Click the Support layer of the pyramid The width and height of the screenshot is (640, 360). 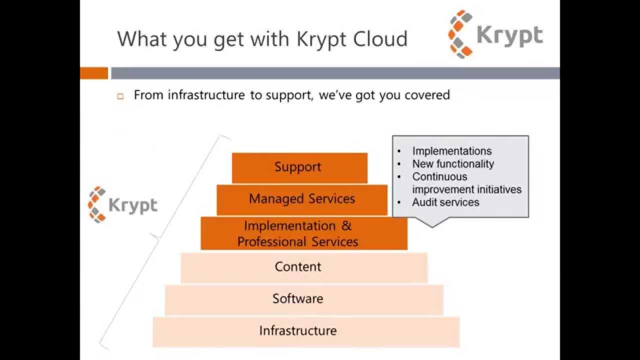(x=299, y=167)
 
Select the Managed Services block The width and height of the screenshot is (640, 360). (x=302, y=199)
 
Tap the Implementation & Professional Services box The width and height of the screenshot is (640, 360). (x=303, y=233)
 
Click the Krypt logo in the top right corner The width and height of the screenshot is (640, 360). (x=495, y=34)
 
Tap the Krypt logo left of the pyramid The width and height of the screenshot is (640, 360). (x=122, y=204)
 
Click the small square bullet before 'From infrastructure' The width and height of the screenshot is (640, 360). (x=120, y=96)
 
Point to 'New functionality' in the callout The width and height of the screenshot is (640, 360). (x=452, y=164)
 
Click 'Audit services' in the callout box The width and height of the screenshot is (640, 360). (x=445, y=202)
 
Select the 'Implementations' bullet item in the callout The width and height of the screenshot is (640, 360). (x=451, y=151)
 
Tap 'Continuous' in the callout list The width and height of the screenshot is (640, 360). (x=439, y=176)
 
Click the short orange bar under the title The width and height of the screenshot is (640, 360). (x=94, y=73)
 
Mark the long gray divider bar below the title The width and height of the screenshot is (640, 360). (x=335, y=73)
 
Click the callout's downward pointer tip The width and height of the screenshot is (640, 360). (x=432, y=226)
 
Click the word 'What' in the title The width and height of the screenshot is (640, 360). (x=143, y=39)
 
